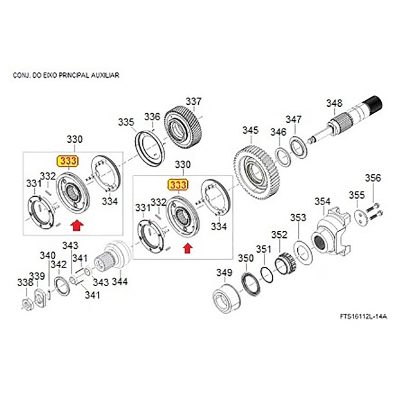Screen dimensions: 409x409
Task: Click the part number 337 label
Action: (194, 101)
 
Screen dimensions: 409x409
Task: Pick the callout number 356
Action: (373, 178)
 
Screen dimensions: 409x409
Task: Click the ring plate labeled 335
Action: (150, 147)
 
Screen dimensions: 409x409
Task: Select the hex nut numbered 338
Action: (26, 303)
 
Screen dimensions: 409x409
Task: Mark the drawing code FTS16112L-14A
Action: (363, 316)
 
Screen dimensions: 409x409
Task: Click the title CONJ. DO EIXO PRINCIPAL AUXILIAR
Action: (66, 76)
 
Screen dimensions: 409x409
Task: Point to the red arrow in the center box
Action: (187, 248)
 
